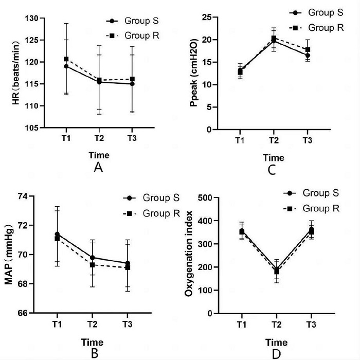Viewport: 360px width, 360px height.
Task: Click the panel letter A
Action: pyautogui.click(x=98, y=168)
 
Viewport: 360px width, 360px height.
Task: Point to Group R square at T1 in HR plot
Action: pyautogui.click(x=66, y=59)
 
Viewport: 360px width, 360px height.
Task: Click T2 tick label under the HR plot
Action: pyautogui.click(x=99, y=139)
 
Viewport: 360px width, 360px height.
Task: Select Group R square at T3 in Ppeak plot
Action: pyautogui.click(x=307, y=50)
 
